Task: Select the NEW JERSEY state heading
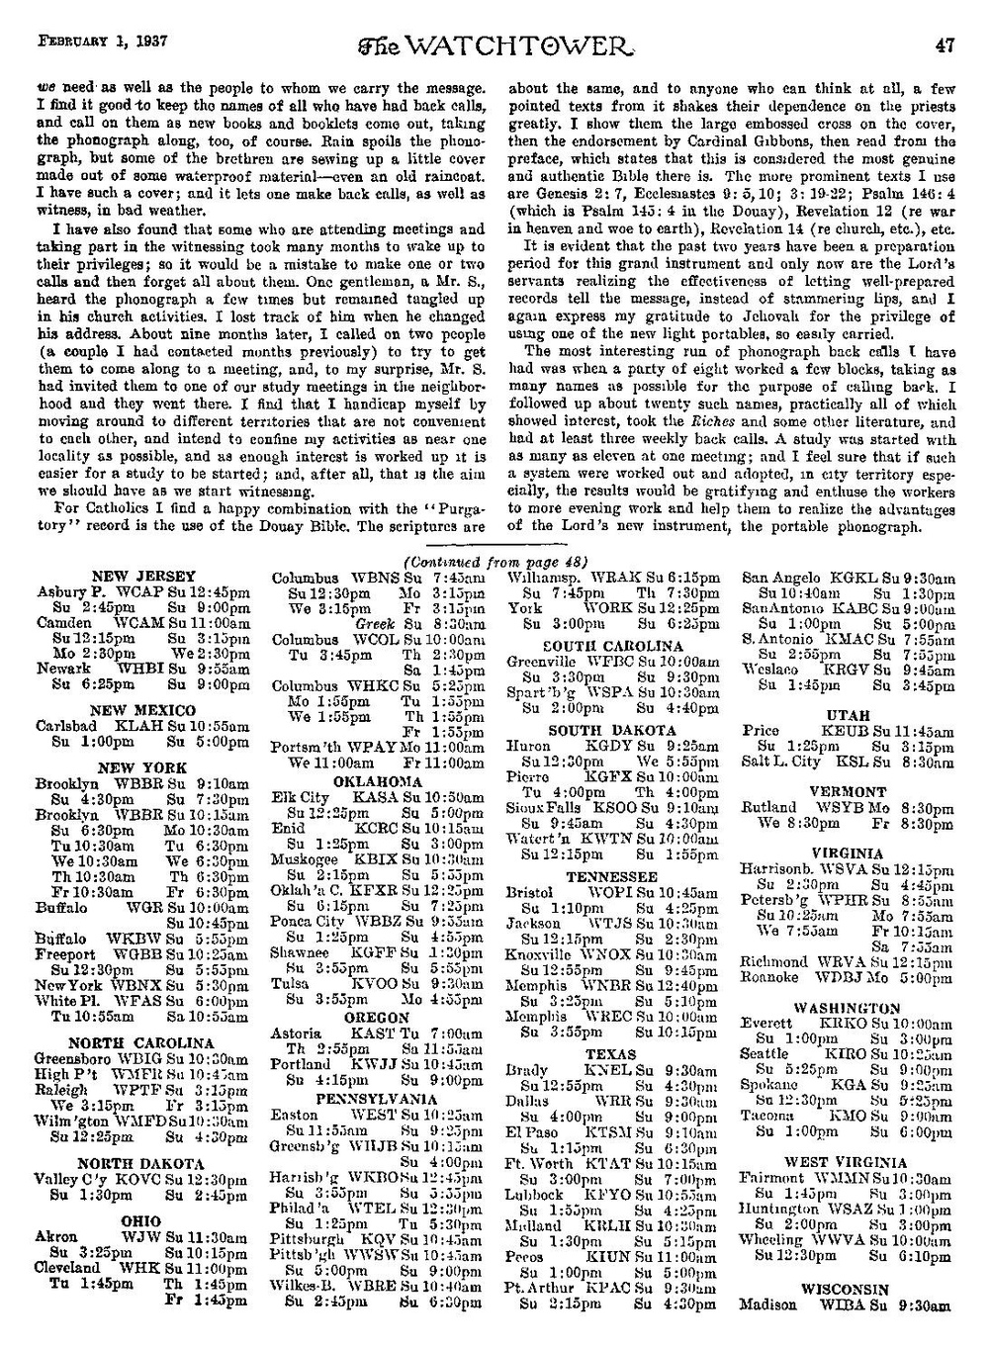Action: pos(142,576)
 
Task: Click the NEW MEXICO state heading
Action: pos(142,710)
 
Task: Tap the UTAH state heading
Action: pos(848,715)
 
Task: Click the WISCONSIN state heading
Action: pos(847,1290)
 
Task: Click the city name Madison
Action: pos(768,1304)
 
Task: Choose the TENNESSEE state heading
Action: pos(611,877)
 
